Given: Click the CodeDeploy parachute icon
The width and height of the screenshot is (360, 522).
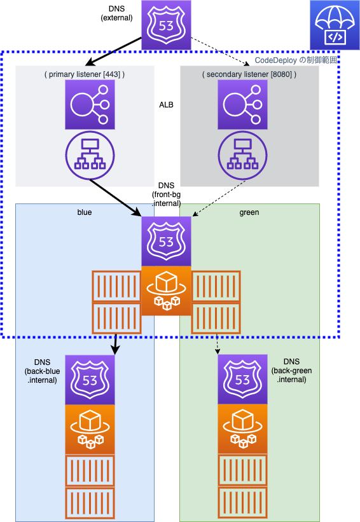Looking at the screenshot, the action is pyautogui.click(x=335, y=25).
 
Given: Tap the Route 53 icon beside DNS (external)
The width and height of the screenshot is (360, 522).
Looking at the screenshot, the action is pyautogui.click(x=166, y=25).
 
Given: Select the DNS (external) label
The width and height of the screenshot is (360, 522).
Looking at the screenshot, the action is pyautogui.click(x=116, y=13).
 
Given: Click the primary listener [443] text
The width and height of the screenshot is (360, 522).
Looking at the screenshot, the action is pyautogui.click(x=85, y=74).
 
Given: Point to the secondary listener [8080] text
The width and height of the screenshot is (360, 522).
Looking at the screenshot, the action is pyautogui.click(x=249, y=74).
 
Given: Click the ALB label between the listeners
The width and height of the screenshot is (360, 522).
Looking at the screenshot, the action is pyautogui.click(x=166, y=105).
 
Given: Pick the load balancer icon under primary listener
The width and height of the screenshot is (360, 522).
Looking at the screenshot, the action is pyautogui.click(x=90, y=104).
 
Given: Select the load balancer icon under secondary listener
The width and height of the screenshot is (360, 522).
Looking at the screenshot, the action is pyautogui.click(x=242, y=104).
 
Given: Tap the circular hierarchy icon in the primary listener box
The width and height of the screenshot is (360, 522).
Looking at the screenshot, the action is pyautogui.click(x=90, y=156).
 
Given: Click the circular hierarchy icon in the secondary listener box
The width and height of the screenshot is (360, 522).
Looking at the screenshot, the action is pyautogui.click(x=242, y=156).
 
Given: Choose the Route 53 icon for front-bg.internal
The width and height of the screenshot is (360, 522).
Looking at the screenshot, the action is pyautogui.click(x=166, y=242).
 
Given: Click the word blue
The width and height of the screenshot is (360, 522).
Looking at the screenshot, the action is pyautogui.click(x=85, y=212).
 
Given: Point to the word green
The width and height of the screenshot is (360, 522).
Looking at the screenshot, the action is pyautogui.click(x=249, y=212).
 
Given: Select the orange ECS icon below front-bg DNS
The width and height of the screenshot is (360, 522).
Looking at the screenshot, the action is pyautogui.click(x=166, y=291).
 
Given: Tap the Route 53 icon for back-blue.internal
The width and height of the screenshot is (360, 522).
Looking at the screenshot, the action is pyautogui.click(x=90, y=380).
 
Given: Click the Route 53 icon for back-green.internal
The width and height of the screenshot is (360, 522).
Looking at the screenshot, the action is pyautogui.click(x=242, y=379).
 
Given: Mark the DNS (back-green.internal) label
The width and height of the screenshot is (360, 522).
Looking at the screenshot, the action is pyautogui.click(x=292, y=371).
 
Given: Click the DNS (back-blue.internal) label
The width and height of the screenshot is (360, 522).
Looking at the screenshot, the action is pyautogui.click(x=42, y=371).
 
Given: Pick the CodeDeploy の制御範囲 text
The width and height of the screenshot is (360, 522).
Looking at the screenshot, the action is pyautogui.click(x=296, y=60).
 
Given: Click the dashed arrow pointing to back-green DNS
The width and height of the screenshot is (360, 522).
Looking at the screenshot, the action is pyautogui.click(x=217, y=344).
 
